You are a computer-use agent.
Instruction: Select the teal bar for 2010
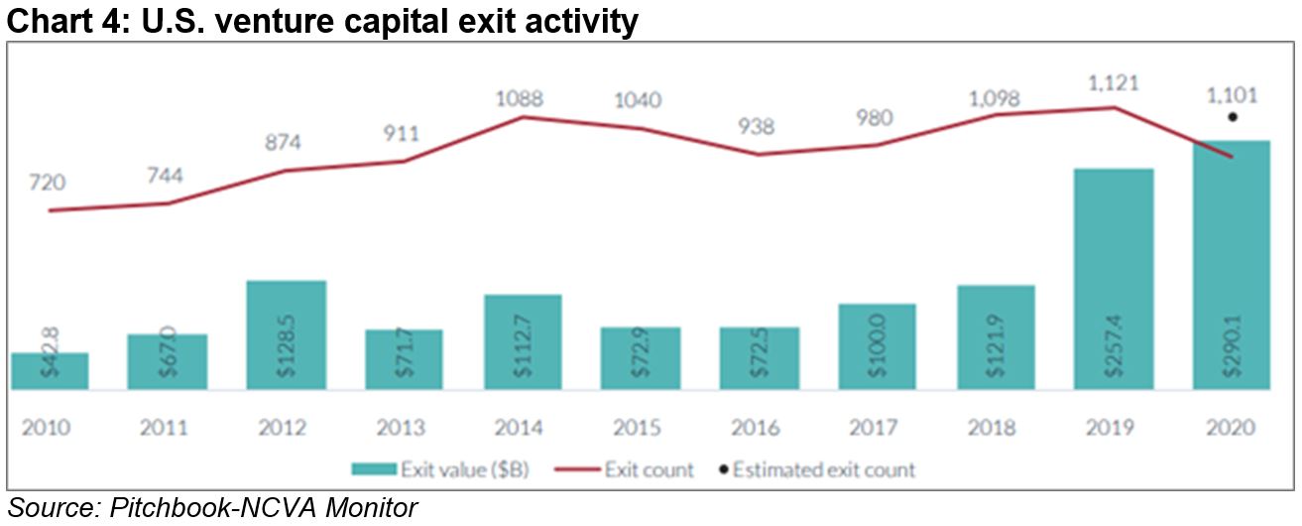pyautogui.click(x=50, y=371)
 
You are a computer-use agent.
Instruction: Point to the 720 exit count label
pyautogui.click(x=49, y=183)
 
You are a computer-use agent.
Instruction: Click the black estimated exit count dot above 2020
pyautogui.click(x=1232, y=117)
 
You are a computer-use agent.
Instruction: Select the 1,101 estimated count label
pyautogui.click(x=1232, y=96)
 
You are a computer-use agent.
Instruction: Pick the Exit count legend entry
pyautogui.click(x=639, y=467)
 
